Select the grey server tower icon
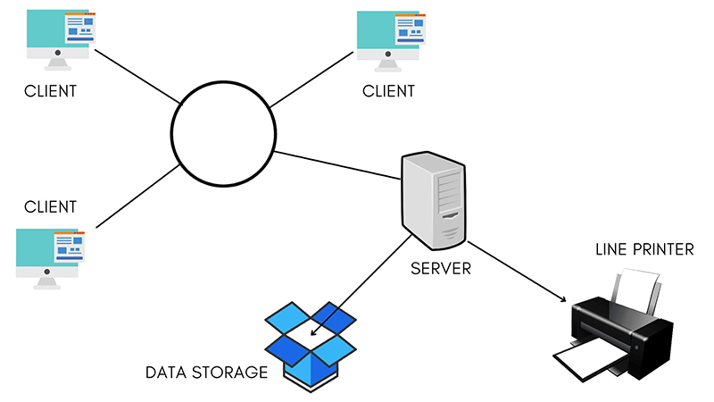pos(435,199)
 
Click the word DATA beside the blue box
pos(167,372)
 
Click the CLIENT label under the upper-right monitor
pos(389,91)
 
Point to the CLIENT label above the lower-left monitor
pos(51,207)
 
